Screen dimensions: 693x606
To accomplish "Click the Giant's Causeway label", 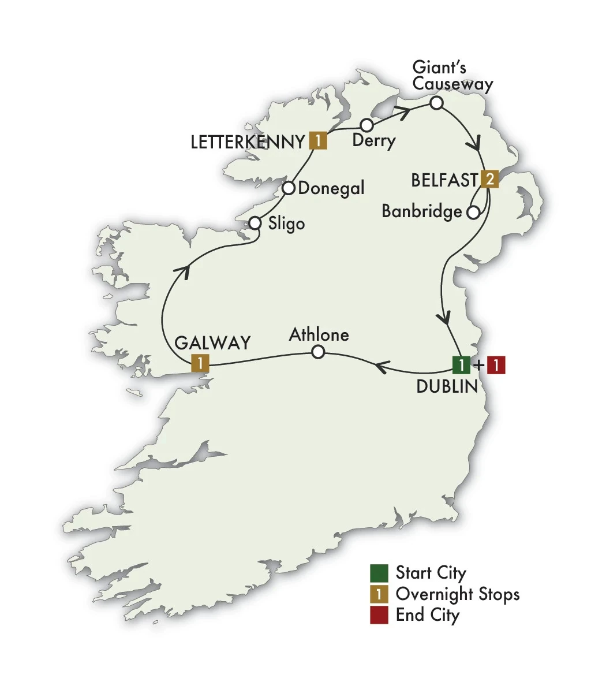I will (x=452, y=76).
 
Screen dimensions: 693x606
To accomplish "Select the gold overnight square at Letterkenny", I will (x=318, y=141).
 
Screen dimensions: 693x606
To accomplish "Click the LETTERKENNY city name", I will (x=247, y=142).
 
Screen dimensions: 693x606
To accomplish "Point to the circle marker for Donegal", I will (x=289, y=188).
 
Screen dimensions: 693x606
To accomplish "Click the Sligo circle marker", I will (x=255, y=223).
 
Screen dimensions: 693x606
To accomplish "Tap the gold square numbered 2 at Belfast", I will (x=489, y=180).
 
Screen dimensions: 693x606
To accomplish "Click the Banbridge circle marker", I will (x=473, y=213).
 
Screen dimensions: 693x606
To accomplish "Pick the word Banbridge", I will (x=422, y=212).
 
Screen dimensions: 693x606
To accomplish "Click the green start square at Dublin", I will (x=462, y=366).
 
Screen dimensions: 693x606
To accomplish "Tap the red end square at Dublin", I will (x=496, y=366).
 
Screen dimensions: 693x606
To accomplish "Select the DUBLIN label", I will (x=447, y=387).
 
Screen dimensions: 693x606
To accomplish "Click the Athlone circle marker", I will (x=318, y=352).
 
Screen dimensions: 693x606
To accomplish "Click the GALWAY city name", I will (x=212, y=342).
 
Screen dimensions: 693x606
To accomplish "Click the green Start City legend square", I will (x=379, y=573).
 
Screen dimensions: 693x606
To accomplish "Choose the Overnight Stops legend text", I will (x=458, y=594).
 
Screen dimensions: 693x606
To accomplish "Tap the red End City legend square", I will (x=379, y=615).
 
